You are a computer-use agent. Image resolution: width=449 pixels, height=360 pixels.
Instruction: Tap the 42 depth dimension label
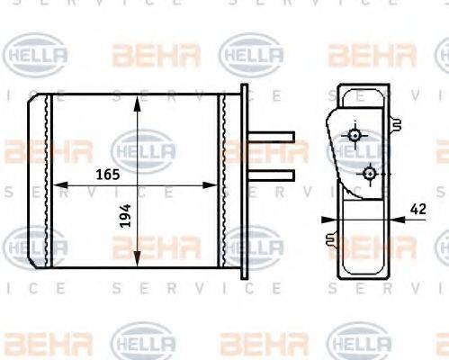(x=418, y=208)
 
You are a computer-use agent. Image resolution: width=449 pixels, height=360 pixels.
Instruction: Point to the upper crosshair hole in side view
(x=355, y=136)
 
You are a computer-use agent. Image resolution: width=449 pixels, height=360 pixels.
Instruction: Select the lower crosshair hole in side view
(x=369, y=171)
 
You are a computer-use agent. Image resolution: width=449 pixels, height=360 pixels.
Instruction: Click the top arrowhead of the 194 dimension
(x=137, y=100)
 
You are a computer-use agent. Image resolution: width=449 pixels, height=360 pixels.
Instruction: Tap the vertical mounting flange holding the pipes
(x=244, y=180)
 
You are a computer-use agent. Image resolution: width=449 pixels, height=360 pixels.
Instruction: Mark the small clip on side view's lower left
(x=330, y=238)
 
